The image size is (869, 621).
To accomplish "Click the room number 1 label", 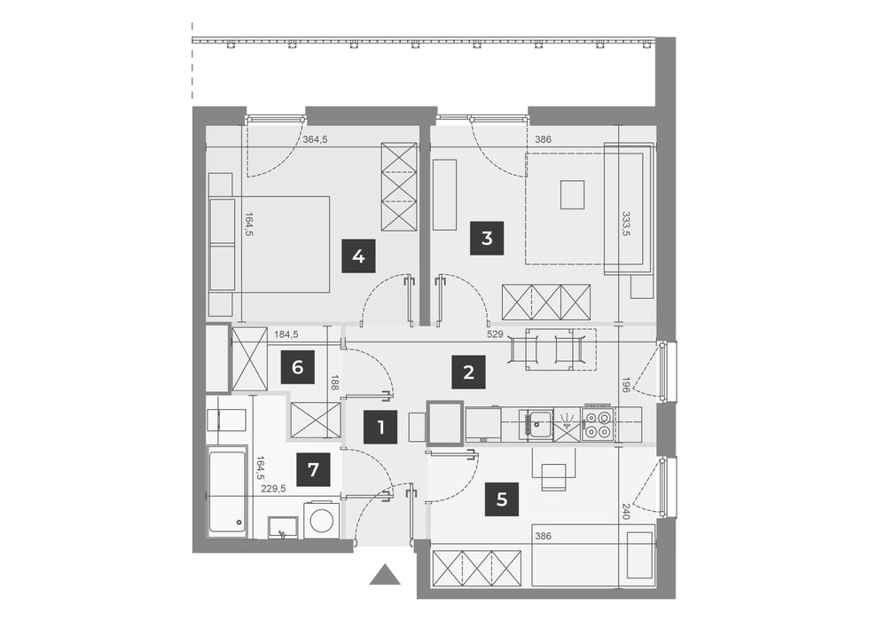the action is (x=380, y=427).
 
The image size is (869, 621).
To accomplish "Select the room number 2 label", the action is (x=468, y=372).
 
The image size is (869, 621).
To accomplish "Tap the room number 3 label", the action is (x=487, y=239).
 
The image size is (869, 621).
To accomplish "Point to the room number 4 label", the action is (x=358, y=256).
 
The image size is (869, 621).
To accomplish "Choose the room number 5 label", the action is (x=502, y=499).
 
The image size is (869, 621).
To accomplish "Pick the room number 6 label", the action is (x=298, y=367).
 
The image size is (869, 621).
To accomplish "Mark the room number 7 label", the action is (x=313, y=469).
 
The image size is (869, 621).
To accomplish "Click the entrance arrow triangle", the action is (x=385, y=575).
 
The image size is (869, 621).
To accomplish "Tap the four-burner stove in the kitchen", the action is (x=598, y=425).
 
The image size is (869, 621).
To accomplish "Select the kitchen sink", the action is (x=536, y=425).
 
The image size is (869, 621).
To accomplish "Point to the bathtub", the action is (x=228, y=491).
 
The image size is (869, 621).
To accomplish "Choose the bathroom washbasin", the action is (x=283, y=527).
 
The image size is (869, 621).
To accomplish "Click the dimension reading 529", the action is (x=495, y=334).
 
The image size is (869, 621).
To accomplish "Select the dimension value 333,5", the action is (x=627, y=224).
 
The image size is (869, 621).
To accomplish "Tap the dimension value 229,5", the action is (x=274, y=489).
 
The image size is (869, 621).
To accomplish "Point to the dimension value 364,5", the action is (x=316, y=140).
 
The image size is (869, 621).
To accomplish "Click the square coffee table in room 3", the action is (x=573, y=194).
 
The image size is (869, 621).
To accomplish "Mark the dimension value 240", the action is (x=627, y=511).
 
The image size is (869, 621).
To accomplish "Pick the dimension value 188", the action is (x=334, y=383).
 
